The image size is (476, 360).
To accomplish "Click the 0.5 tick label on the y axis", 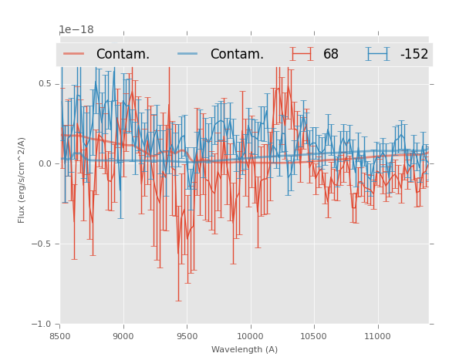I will pyautogui.click(x=45, y=83).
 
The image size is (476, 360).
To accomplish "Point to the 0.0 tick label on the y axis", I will pyautogui.click(x=45, y=163).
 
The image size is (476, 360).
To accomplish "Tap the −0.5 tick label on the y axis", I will pyautogui.click(x=42, y=244).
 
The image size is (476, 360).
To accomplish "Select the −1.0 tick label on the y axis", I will pyautogui.click(x=42, y=324).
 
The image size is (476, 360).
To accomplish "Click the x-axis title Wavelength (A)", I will pyautogui.click(x=245, y=349).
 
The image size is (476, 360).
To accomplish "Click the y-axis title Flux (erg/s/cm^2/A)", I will pyautogui.click(x=22, y=180).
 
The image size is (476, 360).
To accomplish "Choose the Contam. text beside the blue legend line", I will pyautogui.click(x=237, y=54).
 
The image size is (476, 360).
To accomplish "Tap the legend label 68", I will pyautogui.click(x=331, y=54).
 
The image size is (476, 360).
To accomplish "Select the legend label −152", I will pyautogui.click(x=414, y=54).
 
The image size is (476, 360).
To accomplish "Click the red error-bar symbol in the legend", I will pyautogui.click(x=302, y=54).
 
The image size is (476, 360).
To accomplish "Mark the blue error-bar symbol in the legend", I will pyautogui.click(x=378, y=54).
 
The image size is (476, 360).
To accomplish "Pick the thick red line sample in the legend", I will pyautogui.click(x=74, y=54).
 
